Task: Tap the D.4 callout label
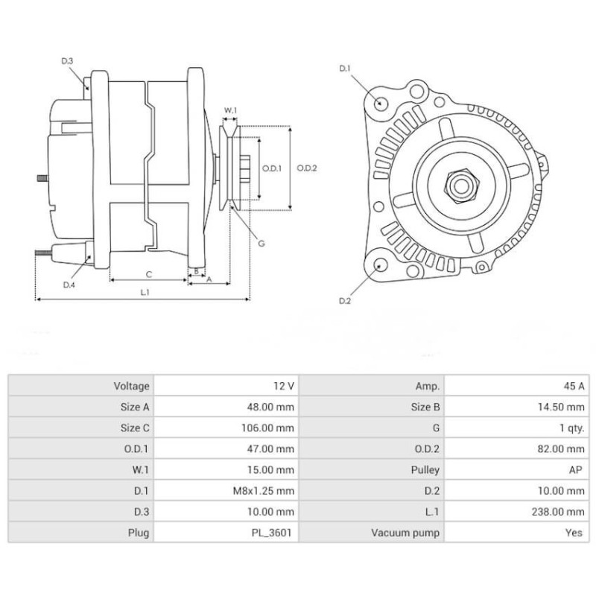(69, 285)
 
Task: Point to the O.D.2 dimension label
(307, 168)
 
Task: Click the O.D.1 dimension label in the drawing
(272, 168)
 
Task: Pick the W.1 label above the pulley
(230, 111)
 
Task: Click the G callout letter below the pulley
(261, 244)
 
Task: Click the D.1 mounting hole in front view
(381, 104)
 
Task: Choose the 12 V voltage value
(284, 386)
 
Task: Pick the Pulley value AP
(577, 470)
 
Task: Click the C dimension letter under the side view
(148, 273)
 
